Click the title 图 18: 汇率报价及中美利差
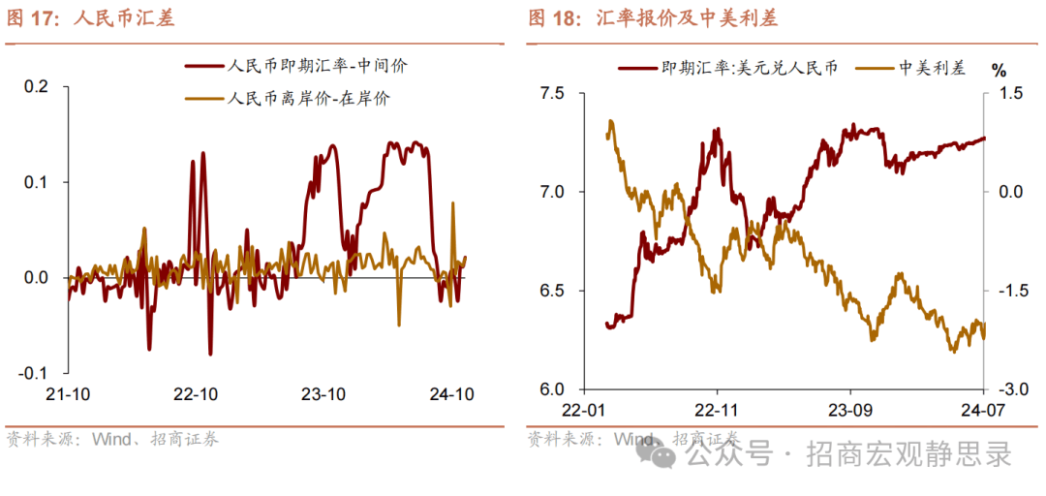653,18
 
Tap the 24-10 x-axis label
451,395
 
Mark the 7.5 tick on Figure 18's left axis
553,93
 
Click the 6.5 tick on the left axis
553,291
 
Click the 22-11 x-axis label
718,409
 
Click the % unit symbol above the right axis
1000,69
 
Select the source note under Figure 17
112,439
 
